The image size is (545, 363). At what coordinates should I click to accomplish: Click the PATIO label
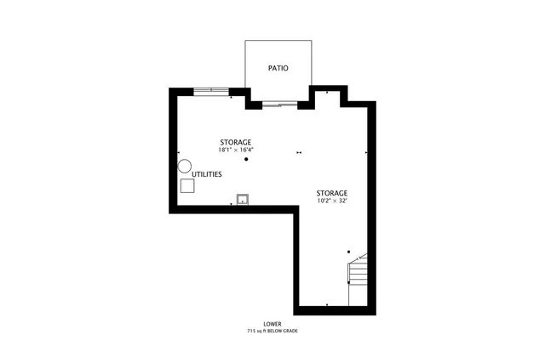(x=277, y=67)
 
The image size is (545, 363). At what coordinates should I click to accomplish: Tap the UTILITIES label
(x=206, y=174)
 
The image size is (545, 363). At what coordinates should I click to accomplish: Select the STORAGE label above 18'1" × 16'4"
(x=236, y=142)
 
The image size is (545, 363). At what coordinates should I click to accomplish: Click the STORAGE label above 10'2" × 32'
(x=331, y=193)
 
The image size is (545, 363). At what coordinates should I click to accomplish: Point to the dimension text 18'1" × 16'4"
(x=236, y=150)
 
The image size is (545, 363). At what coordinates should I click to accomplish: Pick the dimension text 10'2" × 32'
(x=331, y=201)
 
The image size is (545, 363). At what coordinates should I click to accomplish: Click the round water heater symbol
(x=185, y=167)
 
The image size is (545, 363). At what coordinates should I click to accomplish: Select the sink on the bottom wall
(x=242, y=200)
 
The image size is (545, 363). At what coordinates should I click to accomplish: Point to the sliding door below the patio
(x=280, y=104)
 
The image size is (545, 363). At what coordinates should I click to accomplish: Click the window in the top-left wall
(x=211, y=91)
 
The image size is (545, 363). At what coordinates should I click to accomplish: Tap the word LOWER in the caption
(x=272, y=324)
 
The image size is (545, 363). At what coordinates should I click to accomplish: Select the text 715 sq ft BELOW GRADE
(x=272, y=332)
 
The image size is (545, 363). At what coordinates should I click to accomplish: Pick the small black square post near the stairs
(x=348, y=252)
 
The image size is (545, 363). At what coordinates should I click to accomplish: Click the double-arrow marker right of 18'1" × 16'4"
(x=298, y=153)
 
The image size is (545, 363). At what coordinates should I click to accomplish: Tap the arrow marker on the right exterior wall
(x=366, y=153)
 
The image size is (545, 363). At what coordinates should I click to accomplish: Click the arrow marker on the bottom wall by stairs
(x=327, y=304)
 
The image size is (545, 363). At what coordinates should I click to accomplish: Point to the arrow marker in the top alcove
(x=327, y=90)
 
